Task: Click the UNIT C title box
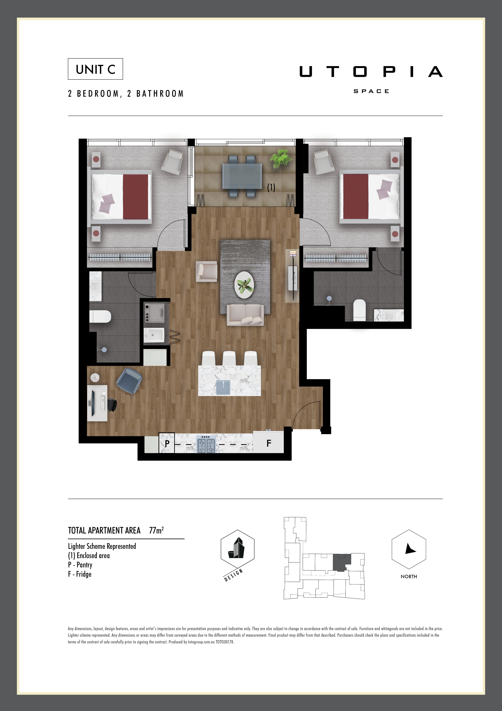(x=95, y=69)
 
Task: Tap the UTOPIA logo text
(x=371, y=72)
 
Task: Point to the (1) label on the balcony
(x=271, y=187)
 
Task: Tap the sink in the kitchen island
(x=223, y=387)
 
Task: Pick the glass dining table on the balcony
(x=242, y=176)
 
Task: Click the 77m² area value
(x=156, y=530)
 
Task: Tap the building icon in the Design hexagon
(x=237, y=548)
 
